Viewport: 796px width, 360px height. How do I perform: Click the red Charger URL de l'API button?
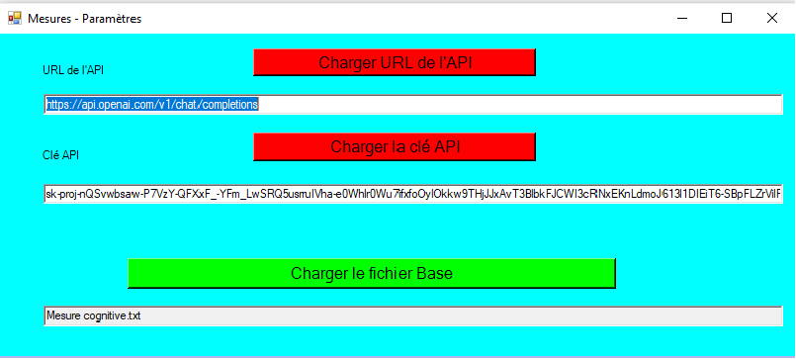click(x=395, y=62)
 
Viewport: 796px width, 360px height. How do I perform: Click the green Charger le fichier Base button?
click(x=372, y=273)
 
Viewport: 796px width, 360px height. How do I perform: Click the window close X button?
click(x=772, y=18)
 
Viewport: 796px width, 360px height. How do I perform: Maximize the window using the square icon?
click(x=727, y=18)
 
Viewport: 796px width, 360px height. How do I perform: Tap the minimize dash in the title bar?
click(x=682, y=19)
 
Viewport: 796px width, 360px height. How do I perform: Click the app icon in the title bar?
click(x=14, y=18)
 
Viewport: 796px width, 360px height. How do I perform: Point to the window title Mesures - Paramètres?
click(x=85, y=19)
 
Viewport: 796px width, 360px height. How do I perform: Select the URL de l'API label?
click(x=73, y=70)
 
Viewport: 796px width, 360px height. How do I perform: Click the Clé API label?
click(x=61, y=155)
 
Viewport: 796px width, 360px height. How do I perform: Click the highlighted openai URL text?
click(x=152, y=105)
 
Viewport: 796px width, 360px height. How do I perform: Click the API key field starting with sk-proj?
click(x=413, y=194)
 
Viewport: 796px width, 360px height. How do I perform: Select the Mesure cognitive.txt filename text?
click(x=93, y=315)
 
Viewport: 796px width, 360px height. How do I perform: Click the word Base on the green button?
click(x=434, y=273)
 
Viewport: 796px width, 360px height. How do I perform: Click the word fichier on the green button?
click(x=390, y=273)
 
